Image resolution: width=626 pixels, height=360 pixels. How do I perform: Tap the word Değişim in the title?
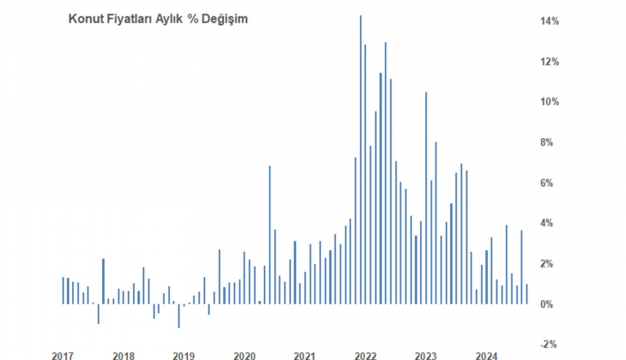pos(224,19)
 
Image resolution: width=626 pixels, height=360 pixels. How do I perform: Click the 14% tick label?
pos(549,21)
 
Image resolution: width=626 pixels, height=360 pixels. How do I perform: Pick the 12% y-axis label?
pos(549,62)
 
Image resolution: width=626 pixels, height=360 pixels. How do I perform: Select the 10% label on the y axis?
pos(549,102)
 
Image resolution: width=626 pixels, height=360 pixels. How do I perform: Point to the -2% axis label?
pos(550,345)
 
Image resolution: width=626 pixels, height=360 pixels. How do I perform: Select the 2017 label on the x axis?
pos(62,355)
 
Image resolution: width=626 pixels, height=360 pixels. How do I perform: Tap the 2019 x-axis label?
pos(184,355)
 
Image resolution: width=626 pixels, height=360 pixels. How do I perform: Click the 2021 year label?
pos(304,355)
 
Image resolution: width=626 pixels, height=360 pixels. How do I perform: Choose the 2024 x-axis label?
pos(487,355)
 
